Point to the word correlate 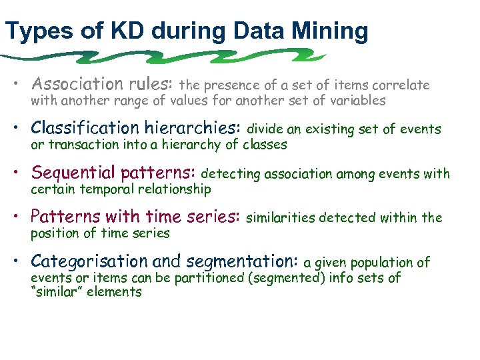point(402,85)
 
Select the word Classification point(73,128)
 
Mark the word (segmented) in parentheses point(286,278)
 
